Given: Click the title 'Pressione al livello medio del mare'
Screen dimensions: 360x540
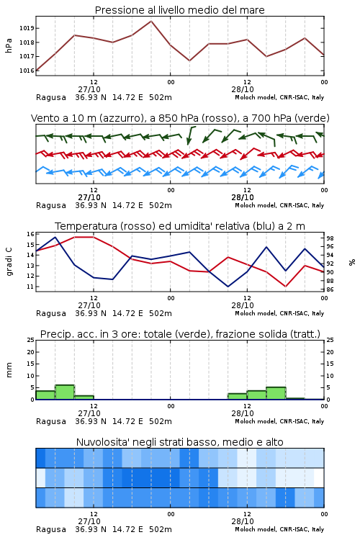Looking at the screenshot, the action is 179,10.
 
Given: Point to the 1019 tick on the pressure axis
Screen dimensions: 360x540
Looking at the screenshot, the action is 27,28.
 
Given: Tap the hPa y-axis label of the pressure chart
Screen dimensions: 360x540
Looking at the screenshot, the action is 9,45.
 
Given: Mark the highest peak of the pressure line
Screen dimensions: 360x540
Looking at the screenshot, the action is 151,21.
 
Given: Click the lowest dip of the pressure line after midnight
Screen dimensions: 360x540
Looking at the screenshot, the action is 189,60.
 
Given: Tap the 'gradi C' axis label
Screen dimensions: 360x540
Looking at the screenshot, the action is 9,261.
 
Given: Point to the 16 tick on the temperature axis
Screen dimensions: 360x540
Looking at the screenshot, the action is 30,234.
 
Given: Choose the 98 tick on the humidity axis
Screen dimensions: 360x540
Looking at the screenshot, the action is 330,238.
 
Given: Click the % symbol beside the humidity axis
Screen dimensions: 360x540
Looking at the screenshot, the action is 352,262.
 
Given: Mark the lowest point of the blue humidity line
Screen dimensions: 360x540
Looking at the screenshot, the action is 228,287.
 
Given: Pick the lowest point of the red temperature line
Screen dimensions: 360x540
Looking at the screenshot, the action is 285,287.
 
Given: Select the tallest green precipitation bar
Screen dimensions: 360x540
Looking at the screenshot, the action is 65,392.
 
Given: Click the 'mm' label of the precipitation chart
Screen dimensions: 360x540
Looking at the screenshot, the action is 9,369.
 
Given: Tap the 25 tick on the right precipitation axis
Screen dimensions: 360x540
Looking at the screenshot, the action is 330,340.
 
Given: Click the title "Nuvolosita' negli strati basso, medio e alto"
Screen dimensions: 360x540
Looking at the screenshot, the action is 179,442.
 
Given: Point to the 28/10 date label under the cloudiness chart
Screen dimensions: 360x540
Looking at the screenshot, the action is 243,521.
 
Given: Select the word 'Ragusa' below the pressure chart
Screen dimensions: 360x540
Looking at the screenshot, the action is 51,97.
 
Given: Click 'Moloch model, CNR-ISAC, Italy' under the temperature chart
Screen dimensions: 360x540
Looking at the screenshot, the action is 279,313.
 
